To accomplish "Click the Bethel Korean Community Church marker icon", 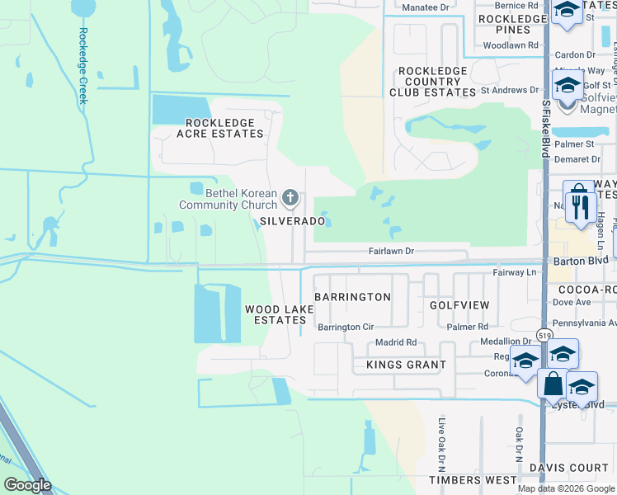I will pos(290,197).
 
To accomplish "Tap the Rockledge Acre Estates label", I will pos(215,128).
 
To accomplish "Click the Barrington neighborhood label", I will pos(352,297).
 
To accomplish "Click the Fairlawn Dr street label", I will pos(390,250).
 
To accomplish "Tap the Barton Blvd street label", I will pos(581,260).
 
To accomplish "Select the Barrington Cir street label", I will pos(346,328).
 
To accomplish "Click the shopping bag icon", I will pos(552,384).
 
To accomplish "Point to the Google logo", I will pos(28,485).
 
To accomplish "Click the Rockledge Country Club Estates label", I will pos(432,82).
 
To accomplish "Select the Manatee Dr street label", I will pos(424,7).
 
